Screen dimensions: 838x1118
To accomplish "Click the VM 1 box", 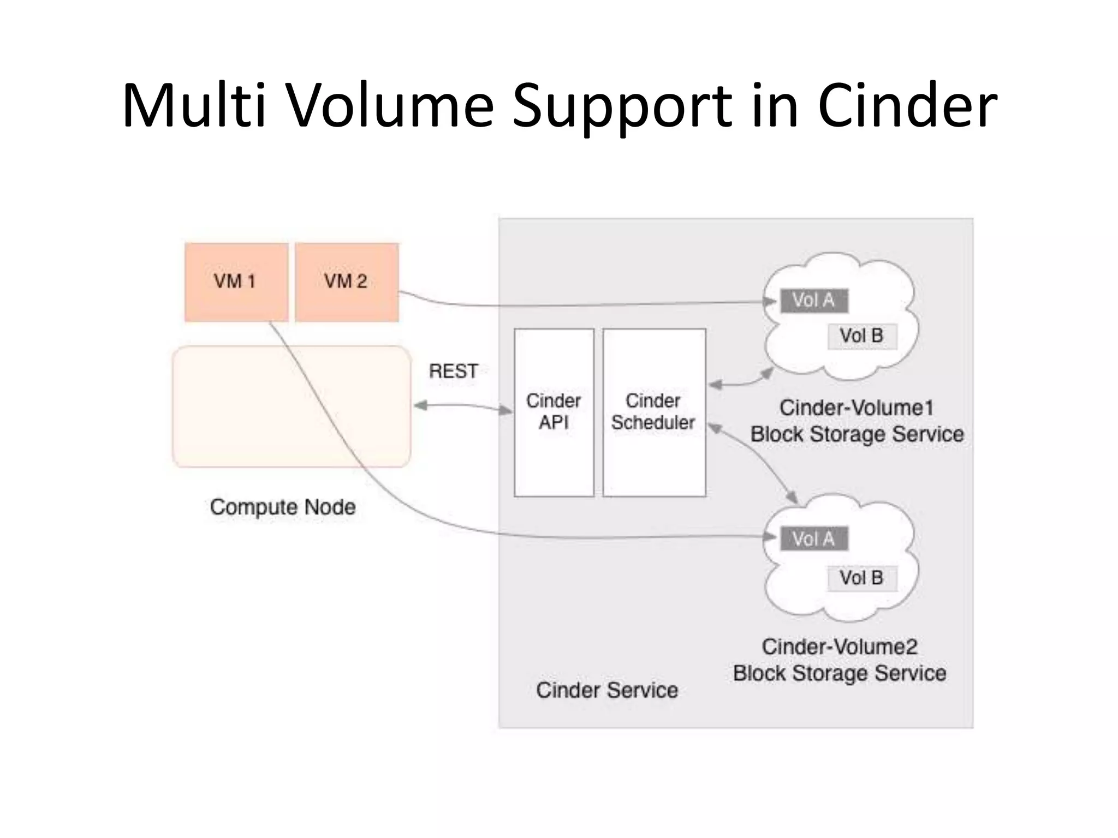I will (x=236, y=282).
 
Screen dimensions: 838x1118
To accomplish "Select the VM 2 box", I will (x=347, y=282).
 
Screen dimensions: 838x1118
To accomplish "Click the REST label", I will (x=453, y=372).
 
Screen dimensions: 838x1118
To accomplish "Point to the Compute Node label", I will (x=283, y=507).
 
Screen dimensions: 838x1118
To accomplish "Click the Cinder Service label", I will (x=606, y=691).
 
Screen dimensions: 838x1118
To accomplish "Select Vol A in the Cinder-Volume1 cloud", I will (x=813, y=301).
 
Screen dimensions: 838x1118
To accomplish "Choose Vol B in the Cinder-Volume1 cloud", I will (x=861, y=336).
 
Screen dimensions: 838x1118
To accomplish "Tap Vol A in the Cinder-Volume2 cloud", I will (x=813, y=539).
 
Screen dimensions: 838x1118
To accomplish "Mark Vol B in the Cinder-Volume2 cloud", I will (x=861, y=578).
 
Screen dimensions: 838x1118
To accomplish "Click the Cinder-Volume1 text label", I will (x=857, y=408).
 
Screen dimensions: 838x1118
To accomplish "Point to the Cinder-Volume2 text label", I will (x=840, y=647).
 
